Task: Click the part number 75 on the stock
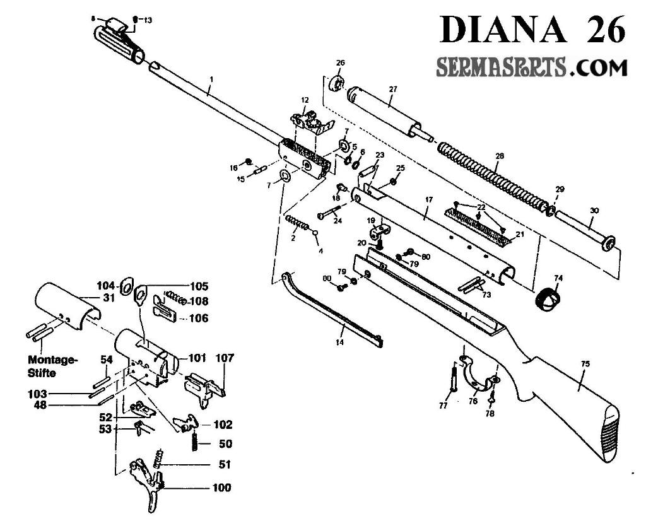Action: pyautogui.click(x=585, y=363)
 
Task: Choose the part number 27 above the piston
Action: pyautogui.click(x=392, y=90)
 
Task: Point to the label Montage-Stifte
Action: pyautogui.click(x=53, y=366)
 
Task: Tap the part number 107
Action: pyautogui.click(x=225, y=358)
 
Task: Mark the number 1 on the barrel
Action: pyautogui.click(x=212, y=79)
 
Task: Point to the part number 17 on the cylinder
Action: pyautogui.click(x=429, y=200)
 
